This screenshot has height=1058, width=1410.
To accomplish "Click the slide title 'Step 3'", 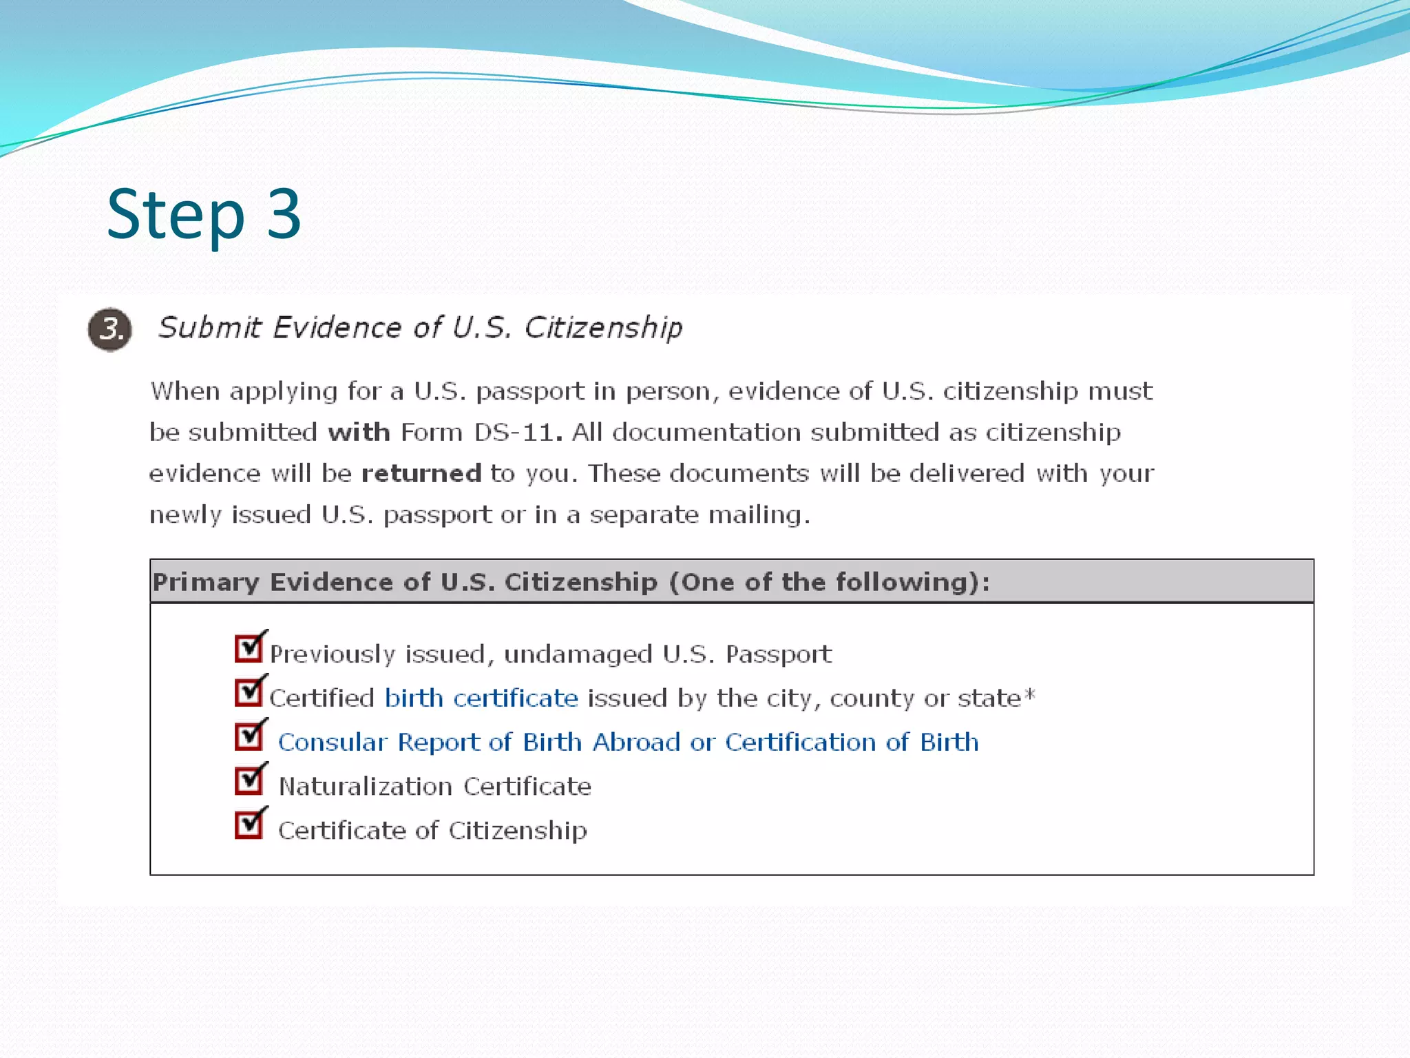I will click(204, 215).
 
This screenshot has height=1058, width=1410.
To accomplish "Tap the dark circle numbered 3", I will click(110, 329).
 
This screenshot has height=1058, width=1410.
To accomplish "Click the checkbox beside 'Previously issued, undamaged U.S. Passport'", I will click(249, 648).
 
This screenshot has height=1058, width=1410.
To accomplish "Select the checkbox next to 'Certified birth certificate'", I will click(249, 692).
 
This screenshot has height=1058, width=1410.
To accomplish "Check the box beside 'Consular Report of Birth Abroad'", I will click(249, 736).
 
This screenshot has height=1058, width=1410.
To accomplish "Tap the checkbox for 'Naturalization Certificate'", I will click(249, 780).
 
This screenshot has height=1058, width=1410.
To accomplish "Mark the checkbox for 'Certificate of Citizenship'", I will click(249, 824).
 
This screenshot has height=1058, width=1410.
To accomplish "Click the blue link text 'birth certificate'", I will click(481, 698).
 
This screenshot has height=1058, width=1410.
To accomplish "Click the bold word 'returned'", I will click(421, 474).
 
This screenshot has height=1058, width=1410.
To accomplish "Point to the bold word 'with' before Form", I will click(359, 433).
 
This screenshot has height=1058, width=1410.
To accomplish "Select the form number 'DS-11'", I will click(514, 433).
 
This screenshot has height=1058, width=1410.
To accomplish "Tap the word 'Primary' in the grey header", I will click(206, 583).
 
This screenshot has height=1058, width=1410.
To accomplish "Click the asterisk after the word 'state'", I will click(1029, 694).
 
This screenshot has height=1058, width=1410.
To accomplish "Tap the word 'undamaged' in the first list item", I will click(578, 654).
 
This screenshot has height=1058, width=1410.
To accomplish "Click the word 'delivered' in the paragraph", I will click(967, 474).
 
